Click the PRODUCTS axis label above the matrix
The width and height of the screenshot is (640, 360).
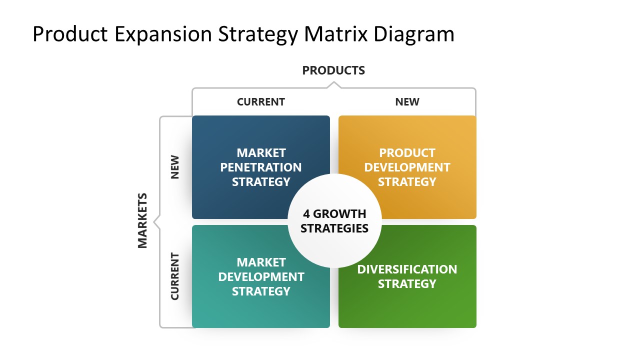coord(333,70)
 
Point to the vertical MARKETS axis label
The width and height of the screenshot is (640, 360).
coord(142,220)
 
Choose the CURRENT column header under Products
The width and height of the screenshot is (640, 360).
coord(260,102)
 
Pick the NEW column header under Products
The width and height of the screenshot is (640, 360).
coord(407,102)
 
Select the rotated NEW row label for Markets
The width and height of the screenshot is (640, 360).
coord(174,167)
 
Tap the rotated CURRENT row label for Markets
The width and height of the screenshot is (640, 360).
coord(174,276)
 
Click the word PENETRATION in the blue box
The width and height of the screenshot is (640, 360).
coord(260,167)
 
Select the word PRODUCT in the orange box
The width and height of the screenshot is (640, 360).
coord(407,152)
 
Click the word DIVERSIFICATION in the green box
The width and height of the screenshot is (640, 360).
coord(407,269)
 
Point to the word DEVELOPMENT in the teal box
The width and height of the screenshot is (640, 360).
coord(260,276)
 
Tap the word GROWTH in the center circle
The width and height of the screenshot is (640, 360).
coord(339,214)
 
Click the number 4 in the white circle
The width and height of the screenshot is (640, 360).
coord(306,214)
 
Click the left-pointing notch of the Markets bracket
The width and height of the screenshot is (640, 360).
coord(156,221)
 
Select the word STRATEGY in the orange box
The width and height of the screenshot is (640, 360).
coord(407,181)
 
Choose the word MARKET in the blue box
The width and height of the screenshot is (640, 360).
coord(260,152)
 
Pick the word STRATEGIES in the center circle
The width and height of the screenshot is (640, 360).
coord(334,228)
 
